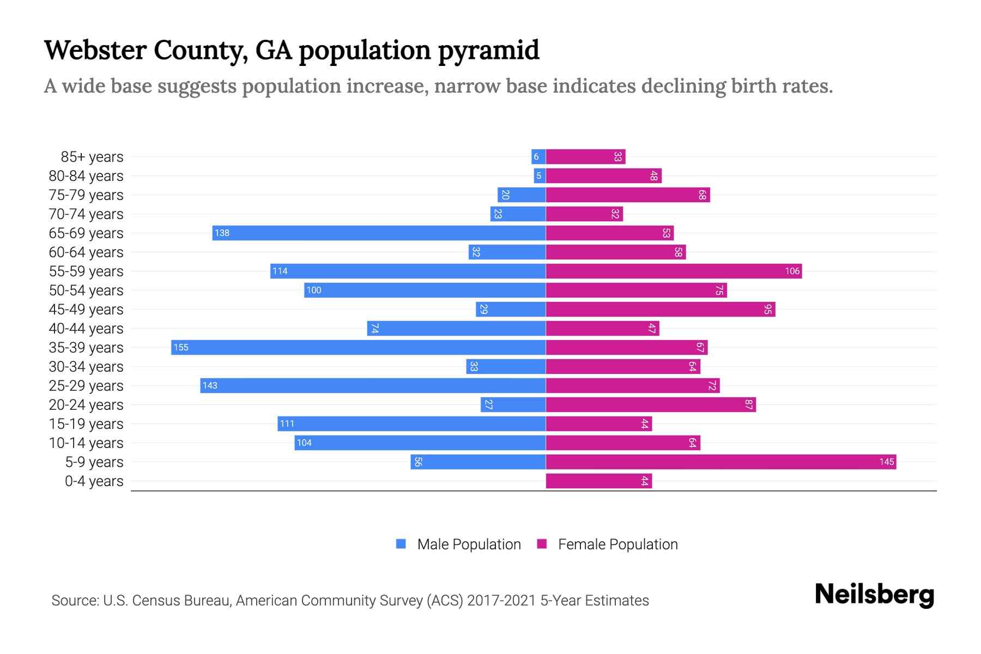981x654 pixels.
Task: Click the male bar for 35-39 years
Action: point(359,347)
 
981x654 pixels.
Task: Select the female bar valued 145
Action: point(720,462)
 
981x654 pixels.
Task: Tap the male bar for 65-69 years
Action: point(379,233)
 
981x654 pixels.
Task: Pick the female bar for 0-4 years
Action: point(598,481)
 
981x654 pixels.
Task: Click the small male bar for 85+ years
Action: point(538,156)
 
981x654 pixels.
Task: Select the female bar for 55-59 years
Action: point(674,271)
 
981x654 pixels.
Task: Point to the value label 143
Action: point(210,385)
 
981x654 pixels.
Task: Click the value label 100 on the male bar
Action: point(314,290)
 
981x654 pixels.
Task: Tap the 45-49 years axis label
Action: point(86,309)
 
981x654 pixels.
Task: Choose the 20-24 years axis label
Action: point(86,404)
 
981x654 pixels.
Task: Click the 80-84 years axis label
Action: point(86,175)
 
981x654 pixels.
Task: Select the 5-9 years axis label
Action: point(94,462)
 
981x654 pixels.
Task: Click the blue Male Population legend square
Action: point(401,544)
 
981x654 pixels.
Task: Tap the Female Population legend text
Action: point(617,544)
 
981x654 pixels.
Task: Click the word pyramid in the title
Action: point(488,50)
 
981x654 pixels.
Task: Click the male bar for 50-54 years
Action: point(425,290)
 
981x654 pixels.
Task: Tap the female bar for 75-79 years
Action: point(628,195)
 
